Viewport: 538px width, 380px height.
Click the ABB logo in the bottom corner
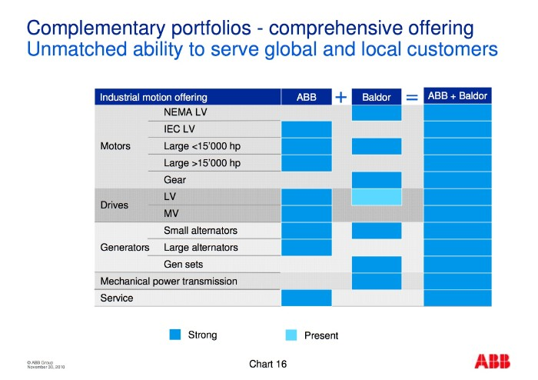point(491,362)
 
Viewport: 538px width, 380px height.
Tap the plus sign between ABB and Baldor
point(341,97)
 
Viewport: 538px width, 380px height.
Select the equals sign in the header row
point(412,97)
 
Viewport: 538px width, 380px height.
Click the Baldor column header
point(376,98)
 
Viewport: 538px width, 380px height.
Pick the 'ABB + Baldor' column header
point(457,97)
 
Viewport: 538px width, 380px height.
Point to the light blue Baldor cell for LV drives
point(377,197)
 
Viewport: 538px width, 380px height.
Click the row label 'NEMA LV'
point(185,112)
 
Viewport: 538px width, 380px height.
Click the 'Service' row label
point(117,298)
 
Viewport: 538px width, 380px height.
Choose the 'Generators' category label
point(125,248)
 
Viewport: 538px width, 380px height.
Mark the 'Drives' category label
point(115,205)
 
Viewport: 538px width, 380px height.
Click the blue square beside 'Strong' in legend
point(175,335)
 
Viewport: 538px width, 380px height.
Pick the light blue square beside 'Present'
point(291,335)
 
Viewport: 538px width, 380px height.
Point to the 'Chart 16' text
point(268,364)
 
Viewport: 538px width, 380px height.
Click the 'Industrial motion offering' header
point(154,98)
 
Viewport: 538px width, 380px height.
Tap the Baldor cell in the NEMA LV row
point(377,112)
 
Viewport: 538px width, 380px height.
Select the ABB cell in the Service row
point(307,298)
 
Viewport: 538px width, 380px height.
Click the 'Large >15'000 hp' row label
point(202,163)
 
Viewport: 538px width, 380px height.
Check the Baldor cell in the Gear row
point(377,180)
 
